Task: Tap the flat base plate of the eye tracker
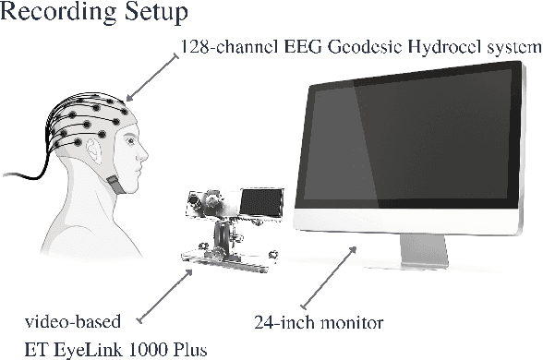(x=226, y=259)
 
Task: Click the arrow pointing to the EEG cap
(x=152, y=75)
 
